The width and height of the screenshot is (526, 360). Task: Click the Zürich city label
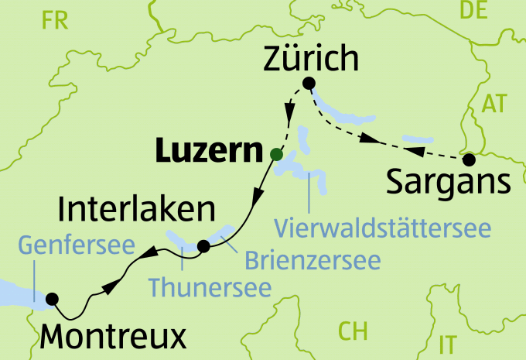[312, 58]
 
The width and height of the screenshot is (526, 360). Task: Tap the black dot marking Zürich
[309, 84]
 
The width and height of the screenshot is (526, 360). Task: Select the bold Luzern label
[205, 151]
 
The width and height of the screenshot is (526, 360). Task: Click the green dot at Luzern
[276, 154]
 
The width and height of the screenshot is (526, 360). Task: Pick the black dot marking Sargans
[468, 160]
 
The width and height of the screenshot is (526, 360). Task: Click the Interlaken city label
[136, 209]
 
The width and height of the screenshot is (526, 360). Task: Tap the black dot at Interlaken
[203, 246]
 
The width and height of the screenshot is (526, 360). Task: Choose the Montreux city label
[113, 336]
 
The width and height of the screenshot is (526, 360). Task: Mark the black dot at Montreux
[53, 298]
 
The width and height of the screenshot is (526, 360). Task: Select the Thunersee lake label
[210, 287]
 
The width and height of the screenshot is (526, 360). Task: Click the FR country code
[56, 21]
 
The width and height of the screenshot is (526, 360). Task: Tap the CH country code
[353, 331]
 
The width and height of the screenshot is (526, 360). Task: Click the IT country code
[447, 342]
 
